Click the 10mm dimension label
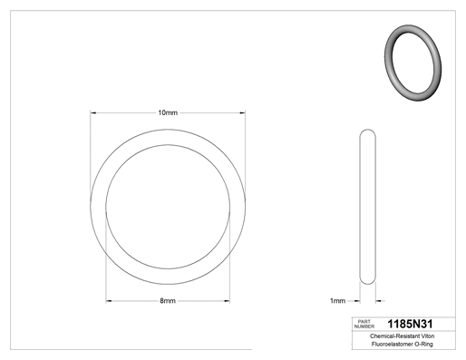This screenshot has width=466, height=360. point(168,112)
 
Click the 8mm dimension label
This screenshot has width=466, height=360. point(168,301)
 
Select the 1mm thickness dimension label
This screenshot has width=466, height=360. point(337,301)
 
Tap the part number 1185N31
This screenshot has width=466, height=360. point(410,324)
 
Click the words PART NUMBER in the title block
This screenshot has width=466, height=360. point(364,324)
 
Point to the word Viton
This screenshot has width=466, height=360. point(428,336)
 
